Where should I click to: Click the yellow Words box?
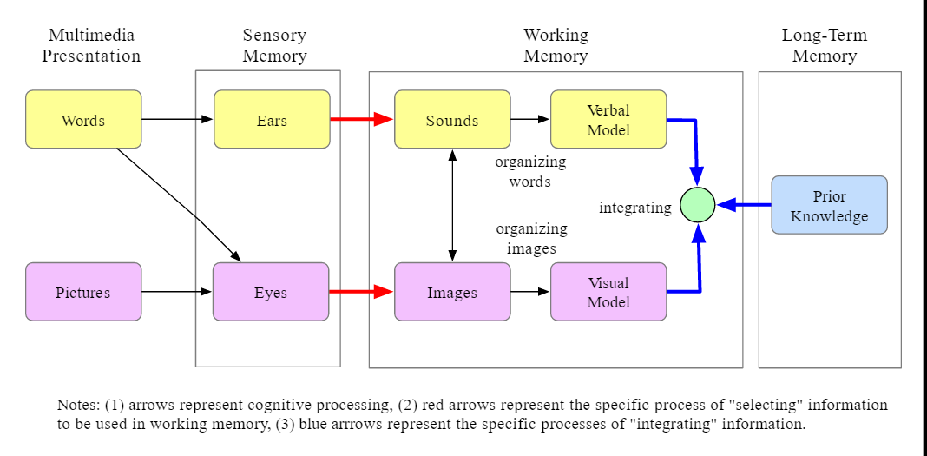coord(83,120)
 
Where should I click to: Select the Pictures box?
coord(83,292)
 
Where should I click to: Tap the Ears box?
coord(272,120)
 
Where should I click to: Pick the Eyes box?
coord(271,292)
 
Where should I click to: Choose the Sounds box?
coord(452,120)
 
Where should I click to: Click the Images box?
coord(452,292)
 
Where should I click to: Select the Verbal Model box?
coord(608,120)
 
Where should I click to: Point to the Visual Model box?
coord(608,292)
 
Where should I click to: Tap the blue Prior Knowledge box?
coord(829,205)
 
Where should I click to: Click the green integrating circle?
coord(698,205)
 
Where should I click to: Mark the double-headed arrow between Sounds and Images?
coord(452,205)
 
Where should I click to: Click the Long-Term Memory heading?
coord(824,46)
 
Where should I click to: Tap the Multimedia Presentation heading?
coord(91,46)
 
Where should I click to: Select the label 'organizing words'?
coord(530,171)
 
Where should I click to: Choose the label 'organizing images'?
coord(531,238)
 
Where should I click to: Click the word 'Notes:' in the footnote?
coord(78,406)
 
